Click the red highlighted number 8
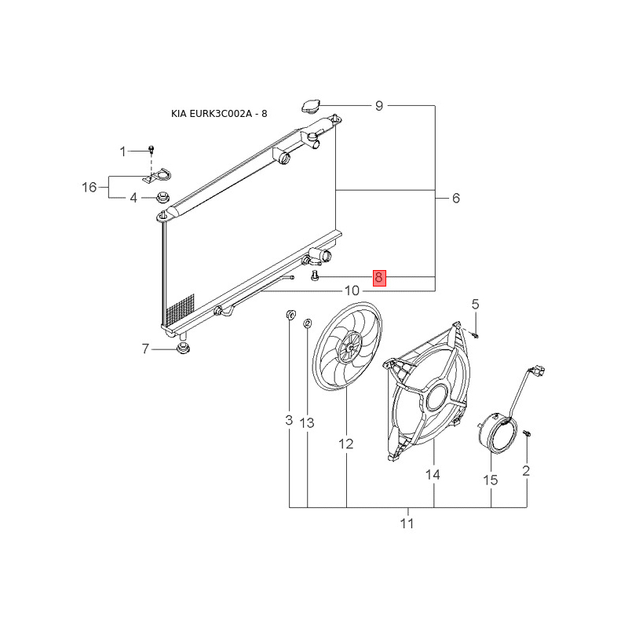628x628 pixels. tap(379, 278)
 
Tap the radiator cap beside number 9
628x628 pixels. tap(309, 107)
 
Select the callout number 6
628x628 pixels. tap(456, 198)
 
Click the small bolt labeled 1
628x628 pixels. tap(151, 149)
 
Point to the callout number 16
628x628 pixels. tap(89, 187)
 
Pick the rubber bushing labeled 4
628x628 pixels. tap(163, 197)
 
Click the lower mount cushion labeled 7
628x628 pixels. tap(183, 348)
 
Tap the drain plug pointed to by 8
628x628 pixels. tap(315, 276)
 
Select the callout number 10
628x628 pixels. tap(352, 290)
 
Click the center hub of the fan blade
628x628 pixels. tap(350, 348)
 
